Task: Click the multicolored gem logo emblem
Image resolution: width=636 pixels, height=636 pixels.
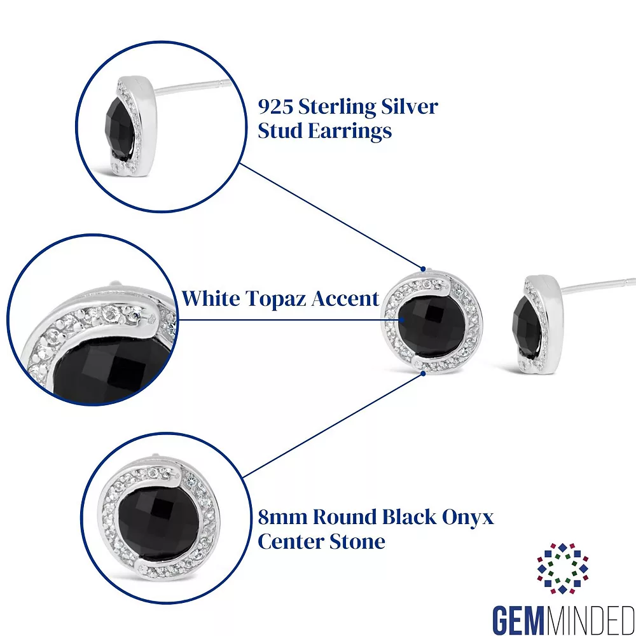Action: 562,569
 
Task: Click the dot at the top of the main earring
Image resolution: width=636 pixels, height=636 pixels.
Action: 422,268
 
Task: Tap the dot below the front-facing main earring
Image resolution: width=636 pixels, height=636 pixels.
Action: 424,373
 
